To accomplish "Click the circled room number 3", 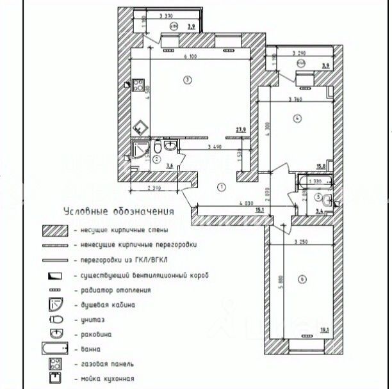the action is pyautogui.click(x=186, y=80).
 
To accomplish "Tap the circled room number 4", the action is pyautogui.click(x=297, y=118).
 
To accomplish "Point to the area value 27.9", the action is pyautogui.click(x=241, y=130).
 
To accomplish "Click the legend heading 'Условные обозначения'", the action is pyautogui.click(x=119, y=211).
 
